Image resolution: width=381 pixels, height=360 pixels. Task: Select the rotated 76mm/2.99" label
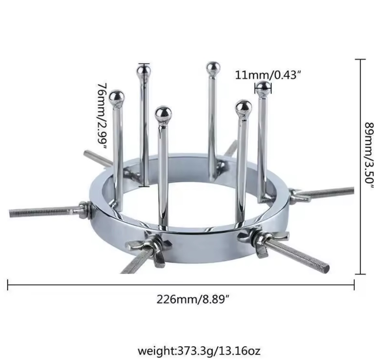coord(102,116)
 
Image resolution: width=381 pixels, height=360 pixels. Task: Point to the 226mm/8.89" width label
coord(193,299)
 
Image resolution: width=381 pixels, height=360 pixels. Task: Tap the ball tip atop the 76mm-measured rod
coord(144,71)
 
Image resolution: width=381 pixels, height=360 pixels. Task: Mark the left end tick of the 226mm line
coord(8,285)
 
